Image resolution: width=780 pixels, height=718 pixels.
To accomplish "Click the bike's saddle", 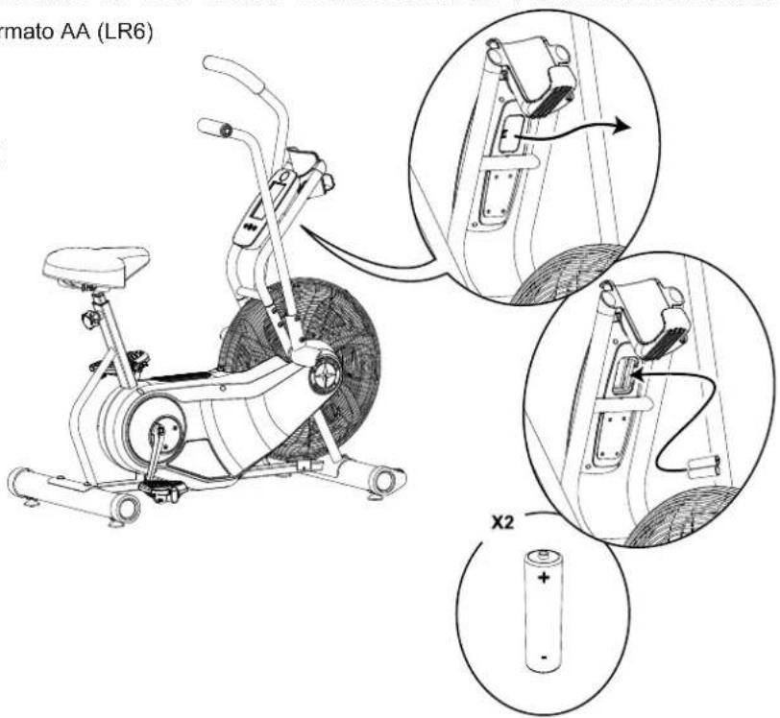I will (x=93, y=261).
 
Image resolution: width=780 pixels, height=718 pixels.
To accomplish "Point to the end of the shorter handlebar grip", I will (x=204, y=125).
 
